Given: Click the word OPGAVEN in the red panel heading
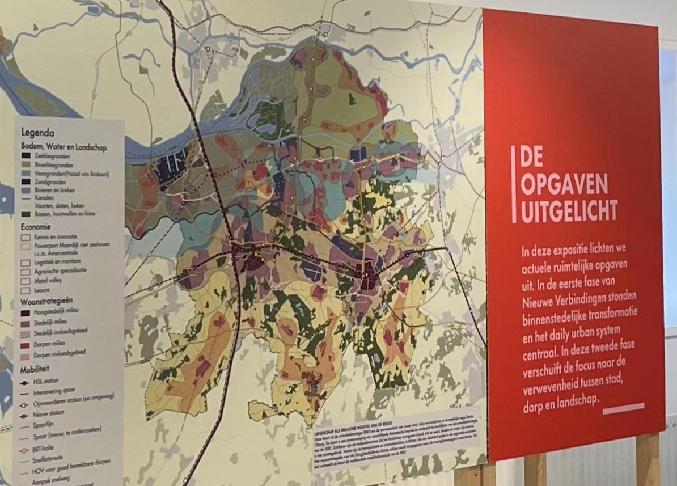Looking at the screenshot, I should [564, 184].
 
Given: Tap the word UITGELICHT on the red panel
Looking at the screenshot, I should [569, 212].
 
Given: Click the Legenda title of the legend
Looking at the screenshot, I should [37, 133].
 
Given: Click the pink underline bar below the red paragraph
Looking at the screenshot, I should [624, 408].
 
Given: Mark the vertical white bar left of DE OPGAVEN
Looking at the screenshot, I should [514, 184].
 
